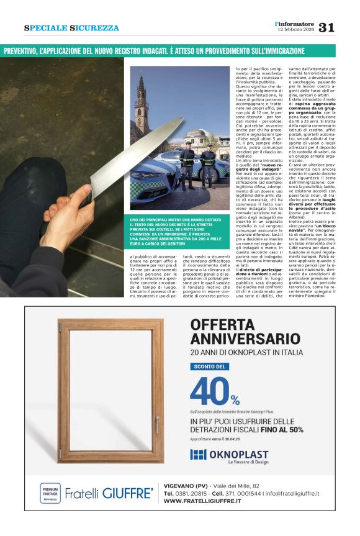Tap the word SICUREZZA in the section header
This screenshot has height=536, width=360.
pos(94,28)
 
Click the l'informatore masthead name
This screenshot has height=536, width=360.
pos(294,24)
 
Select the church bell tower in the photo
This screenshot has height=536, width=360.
pos(141,106)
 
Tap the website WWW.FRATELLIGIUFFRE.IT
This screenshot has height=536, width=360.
pos(202,501)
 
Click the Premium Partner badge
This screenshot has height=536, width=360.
pos(50,493)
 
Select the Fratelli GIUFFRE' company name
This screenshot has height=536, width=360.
pos(109,493)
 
